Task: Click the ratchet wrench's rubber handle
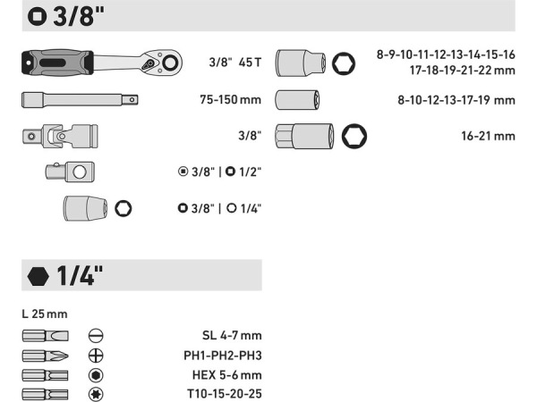pos(57,63)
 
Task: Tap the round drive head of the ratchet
pos(170,63)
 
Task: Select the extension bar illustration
pos(80,100)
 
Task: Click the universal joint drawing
pos(60,136)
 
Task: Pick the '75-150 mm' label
pos(231,100)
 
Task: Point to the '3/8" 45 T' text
pos(234,63)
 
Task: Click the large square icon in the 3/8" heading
pos(37,16)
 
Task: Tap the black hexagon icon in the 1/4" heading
pos(38,276)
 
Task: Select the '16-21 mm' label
pos(488,136)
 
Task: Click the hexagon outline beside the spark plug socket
pos(354,136)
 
